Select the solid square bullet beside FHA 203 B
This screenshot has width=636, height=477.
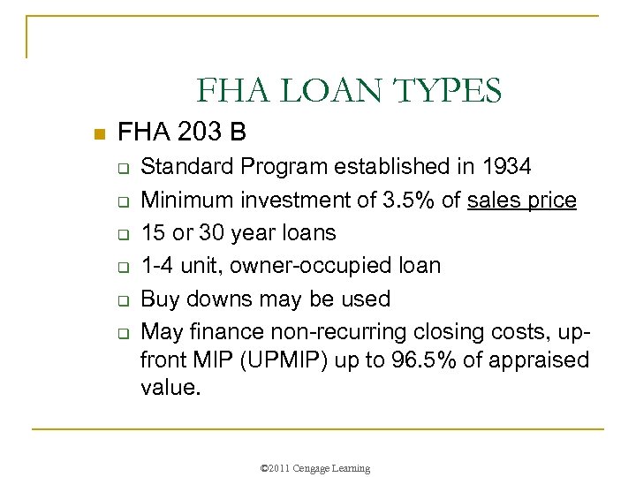pyautogui.click(x=99, y=135)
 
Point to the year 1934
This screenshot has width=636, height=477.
pyautogui.click(x=507, y=166)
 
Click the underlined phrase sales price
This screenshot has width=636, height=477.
pyautogui.click(x=522, y=200)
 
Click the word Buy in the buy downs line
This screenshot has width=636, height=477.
pyautogui.click(x=160, y=299)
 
